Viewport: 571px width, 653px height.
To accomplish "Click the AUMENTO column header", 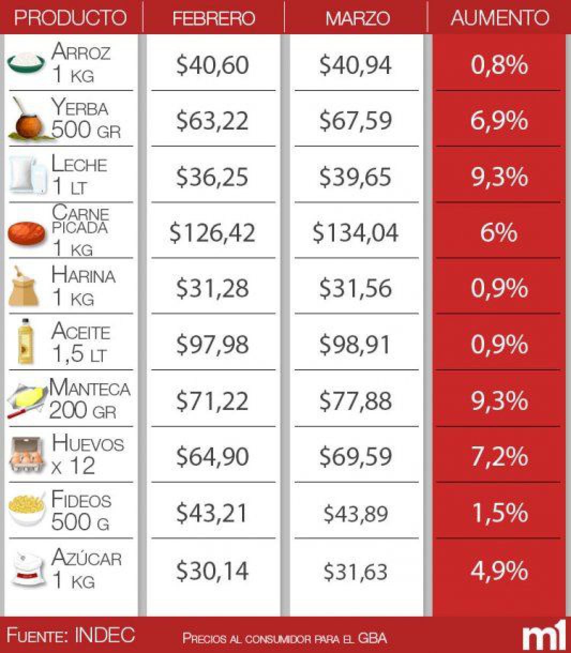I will click(x=499, y=18).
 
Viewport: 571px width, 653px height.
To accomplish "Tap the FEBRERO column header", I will click(x=213, y=18).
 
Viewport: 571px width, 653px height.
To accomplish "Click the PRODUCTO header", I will click(x=70, y=18).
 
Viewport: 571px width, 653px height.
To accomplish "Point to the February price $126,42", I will click(x=212, y=233).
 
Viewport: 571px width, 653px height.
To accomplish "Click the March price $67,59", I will click(x=356, y=120).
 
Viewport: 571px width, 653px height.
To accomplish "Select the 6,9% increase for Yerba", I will click(x=499, y=120).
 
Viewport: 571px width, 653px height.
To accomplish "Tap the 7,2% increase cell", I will click(x=499, y=457).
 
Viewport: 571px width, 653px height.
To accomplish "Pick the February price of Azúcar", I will click(x=212, y=571).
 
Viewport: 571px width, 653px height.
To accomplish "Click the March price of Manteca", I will click(x=356, y=401).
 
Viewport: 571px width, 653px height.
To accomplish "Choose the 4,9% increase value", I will click(x=499, y=571).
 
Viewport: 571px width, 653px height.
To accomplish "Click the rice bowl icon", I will click(x=27, y=63).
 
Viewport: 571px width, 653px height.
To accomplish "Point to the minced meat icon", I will click(x=27, y=232).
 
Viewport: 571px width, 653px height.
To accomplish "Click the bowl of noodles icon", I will click(x=27, y=511).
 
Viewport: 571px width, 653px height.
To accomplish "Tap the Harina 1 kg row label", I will click(x=82, y=286).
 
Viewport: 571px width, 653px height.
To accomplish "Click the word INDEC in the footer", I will click(x=105, y=635).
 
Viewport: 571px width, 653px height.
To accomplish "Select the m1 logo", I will click(x=543, y=636).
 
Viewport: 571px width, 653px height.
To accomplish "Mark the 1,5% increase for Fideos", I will click(x=499, y=513).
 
